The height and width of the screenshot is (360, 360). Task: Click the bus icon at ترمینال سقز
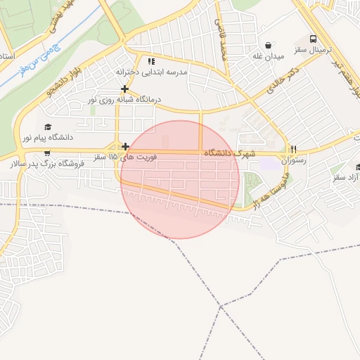point(312,40)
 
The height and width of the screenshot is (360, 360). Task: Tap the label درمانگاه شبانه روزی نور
point(124,100)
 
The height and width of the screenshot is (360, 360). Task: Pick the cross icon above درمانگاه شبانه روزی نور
point(124,89)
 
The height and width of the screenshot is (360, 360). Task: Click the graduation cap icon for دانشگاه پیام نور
point(48,127)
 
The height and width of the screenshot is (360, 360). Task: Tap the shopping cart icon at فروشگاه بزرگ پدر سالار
point(47,153)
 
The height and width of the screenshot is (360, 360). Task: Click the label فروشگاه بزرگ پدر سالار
point(46,164)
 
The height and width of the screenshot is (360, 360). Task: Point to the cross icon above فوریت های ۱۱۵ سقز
point(125,146)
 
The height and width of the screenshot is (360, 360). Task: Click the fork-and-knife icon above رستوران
point(294,149)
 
